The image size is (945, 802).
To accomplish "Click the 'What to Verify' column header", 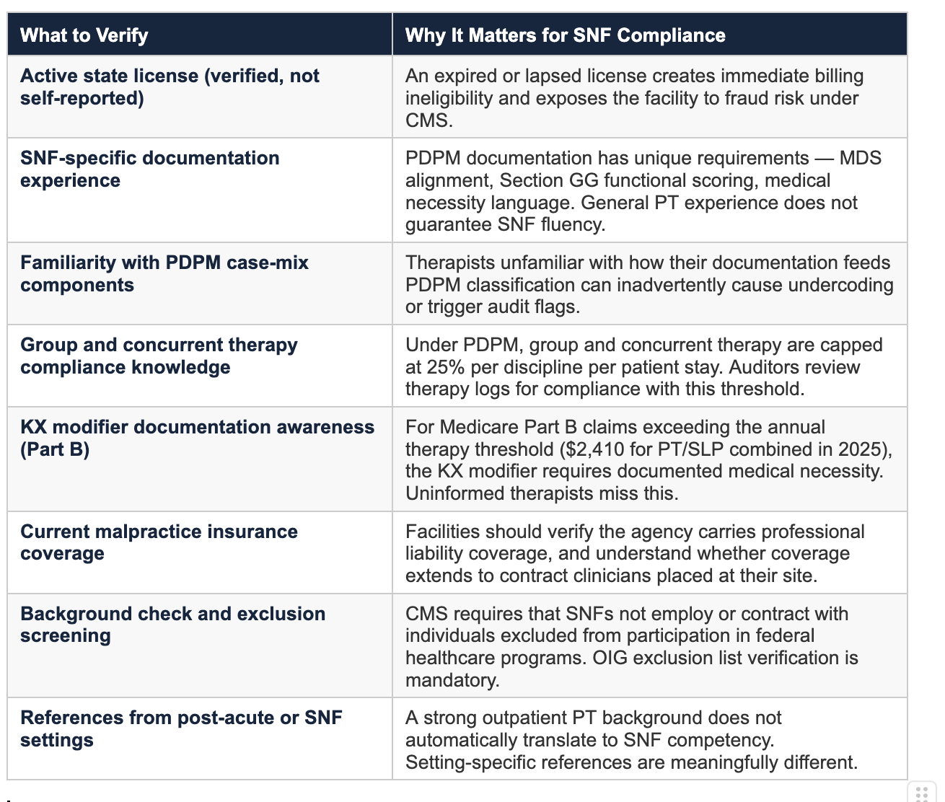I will click(84, 35).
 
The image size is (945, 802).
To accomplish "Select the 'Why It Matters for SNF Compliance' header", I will click(565, 35).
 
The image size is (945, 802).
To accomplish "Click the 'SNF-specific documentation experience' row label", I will click(149, 169).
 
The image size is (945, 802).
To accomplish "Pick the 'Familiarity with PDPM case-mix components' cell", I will click(164, 273).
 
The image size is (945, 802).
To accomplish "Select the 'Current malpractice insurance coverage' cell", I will click(159, 542).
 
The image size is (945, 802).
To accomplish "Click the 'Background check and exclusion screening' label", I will click(172, 625).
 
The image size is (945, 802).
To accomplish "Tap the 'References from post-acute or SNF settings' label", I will click(181, 728).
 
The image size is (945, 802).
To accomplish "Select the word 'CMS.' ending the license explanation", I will click(428, 120).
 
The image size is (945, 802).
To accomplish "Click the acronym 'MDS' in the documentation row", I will click(861, 158).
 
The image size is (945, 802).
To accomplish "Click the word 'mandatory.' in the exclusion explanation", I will click(452, 680).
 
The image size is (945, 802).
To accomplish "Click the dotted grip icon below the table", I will click(922, 792).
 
